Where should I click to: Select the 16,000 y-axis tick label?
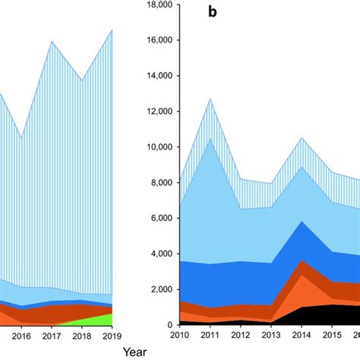point(154,40)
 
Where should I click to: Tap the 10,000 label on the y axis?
point(154,147)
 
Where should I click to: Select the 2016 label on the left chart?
point(22,336)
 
